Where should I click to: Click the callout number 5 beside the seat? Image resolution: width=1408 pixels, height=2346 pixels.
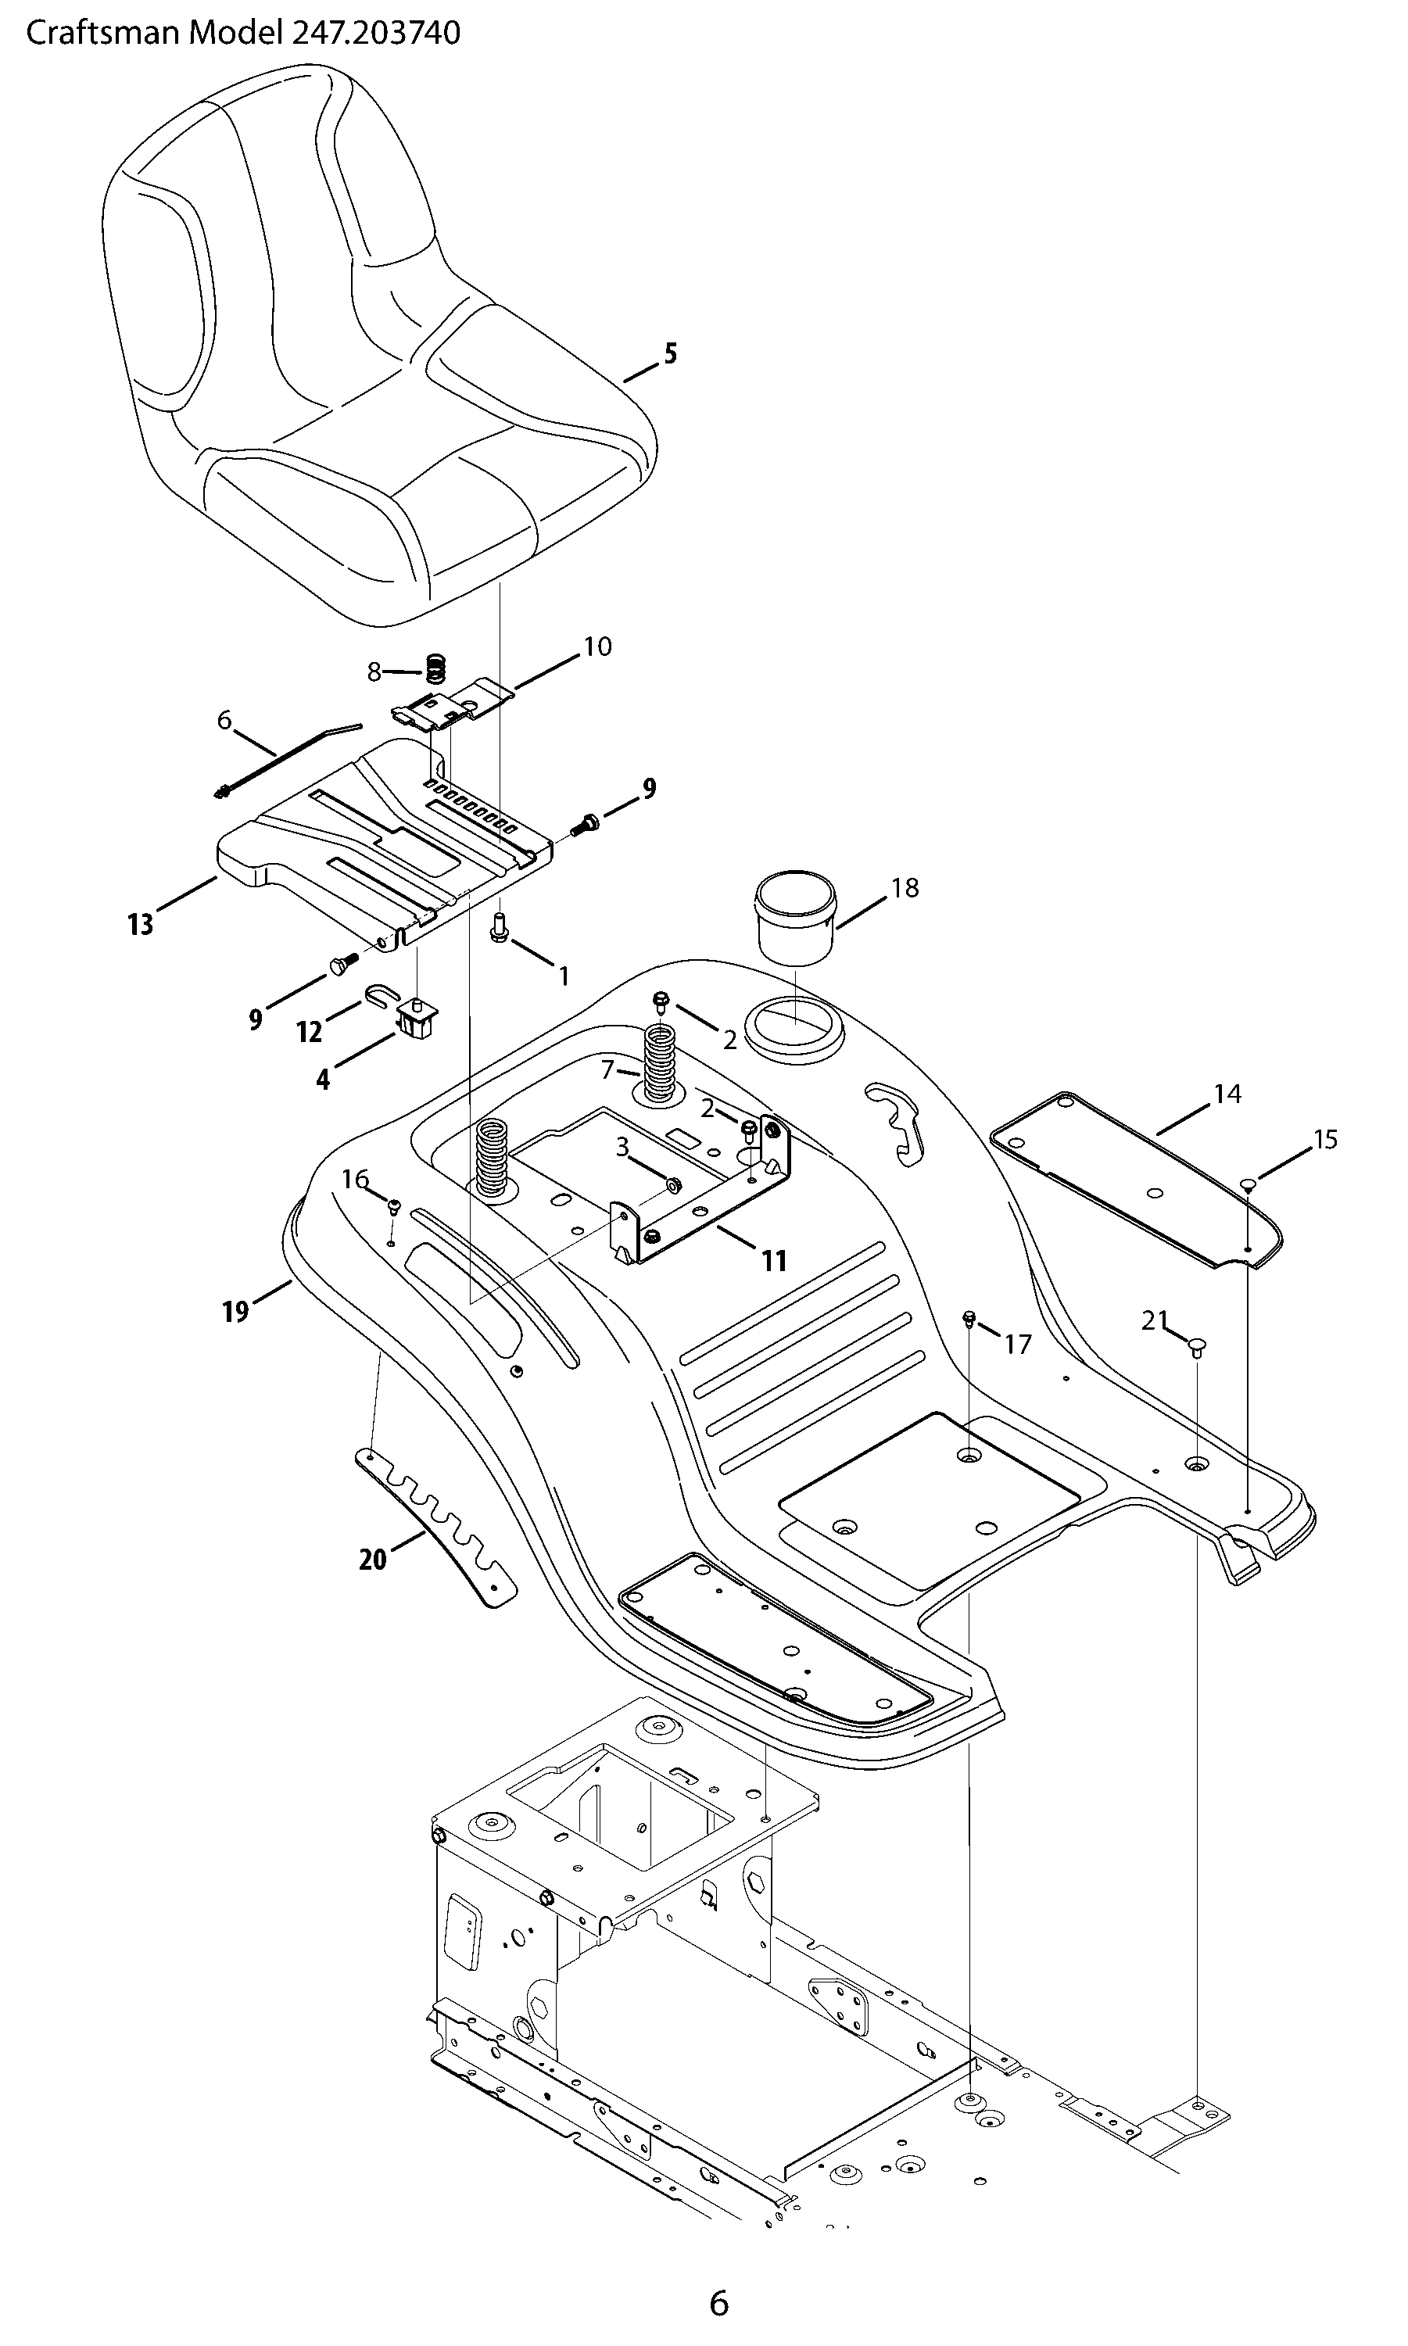671,354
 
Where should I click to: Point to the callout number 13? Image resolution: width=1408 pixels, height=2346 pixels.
141,924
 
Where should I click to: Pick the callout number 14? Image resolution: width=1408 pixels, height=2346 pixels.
1227,1094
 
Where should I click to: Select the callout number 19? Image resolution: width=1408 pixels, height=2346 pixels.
235,1312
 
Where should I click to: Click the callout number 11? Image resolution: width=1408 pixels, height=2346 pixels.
774,1261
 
